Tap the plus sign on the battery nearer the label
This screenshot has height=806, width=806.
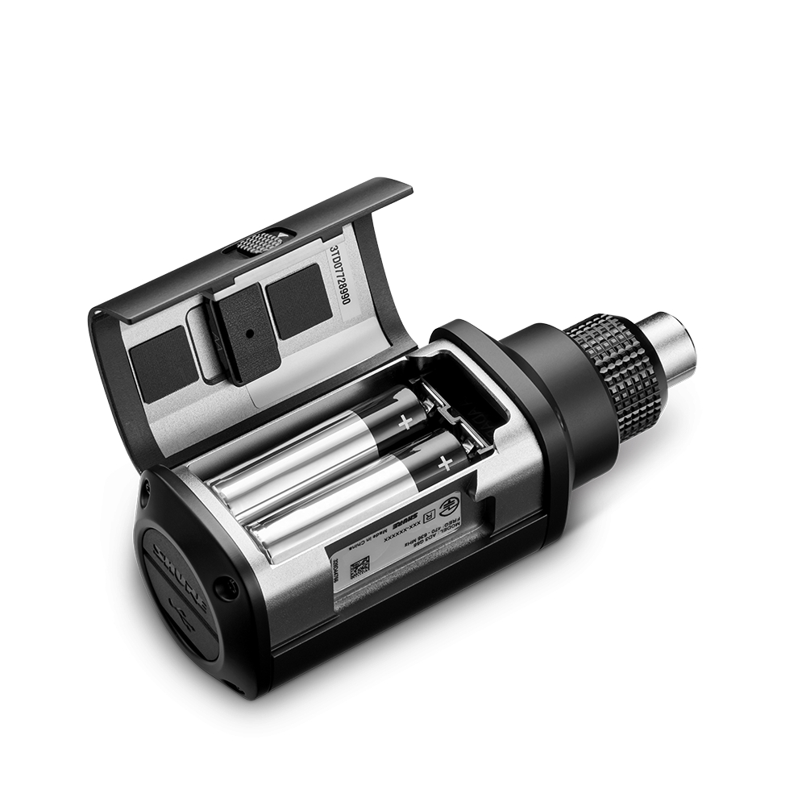[x=442, y=463]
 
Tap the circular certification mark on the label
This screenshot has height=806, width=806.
[x=451, y=507]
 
